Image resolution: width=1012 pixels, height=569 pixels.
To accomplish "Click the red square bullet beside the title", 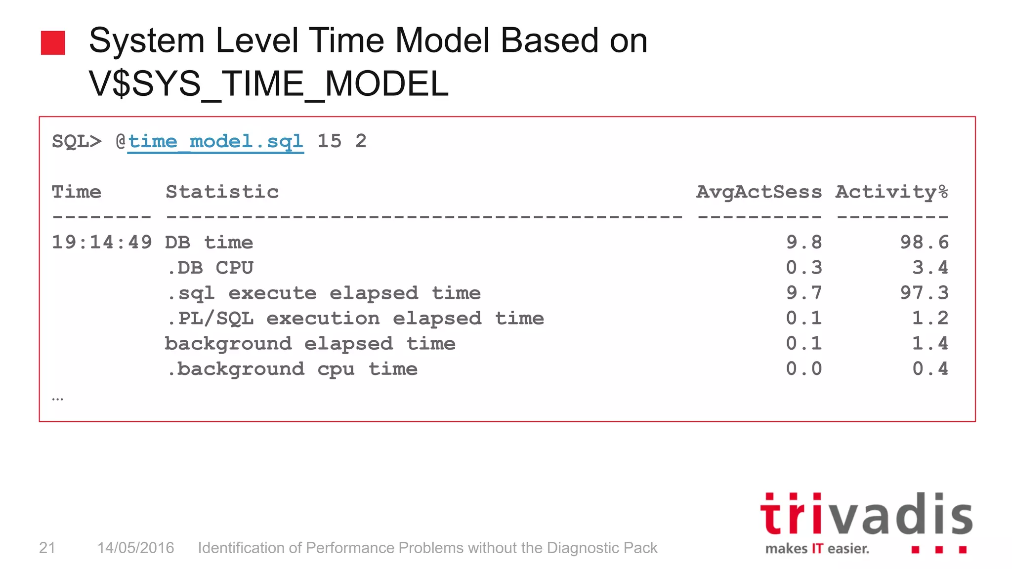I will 53,43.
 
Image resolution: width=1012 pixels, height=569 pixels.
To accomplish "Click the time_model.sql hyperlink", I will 215,142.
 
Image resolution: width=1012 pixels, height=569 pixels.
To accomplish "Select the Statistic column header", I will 222,192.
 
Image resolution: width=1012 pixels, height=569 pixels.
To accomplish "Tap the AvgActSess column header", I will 759,192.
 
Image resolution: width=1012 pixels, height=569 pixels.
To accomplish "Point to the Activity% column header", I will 891,192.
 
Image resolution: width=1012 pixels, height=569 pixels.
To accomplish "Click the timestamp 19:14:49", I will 102,243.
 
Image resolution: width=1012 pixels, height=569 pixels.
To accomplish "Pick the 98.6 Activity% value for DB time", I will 924,243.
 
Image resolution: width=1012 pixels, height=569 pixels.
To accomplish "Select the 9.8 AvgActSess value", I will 804,243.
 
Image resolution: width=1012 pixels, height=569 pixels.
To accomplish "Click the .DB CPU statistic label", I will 210,268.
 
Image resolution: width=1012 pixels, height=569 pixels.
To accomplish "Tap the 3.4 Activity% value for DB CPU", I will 930,268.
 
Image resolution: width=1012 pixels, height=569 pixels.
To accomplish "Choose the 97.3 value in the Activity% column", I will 924,293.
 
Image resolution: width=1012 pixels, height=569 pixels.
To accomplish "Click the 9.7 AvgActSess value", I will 804,293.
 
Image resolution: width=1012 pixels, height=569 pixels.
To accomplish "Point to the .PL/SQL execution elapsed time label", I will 355,319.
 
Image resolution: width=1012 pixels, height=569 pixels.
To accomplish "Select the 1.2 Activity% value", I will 930,319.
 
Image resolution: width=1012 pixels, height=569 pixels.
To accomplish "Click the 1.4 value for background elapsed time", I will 930,344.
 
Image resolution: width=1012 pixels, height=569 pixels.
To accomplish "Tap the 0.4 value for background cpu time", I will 930,369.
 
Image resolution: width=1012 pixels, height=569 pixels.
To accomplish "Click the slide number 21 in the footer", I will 47,548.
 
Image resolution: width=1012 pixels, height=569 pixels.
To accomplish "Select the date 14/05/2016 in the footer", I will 135,548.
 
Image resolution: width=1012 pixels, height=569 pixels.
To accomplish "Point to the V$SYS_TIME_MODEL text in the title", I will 268,83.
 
